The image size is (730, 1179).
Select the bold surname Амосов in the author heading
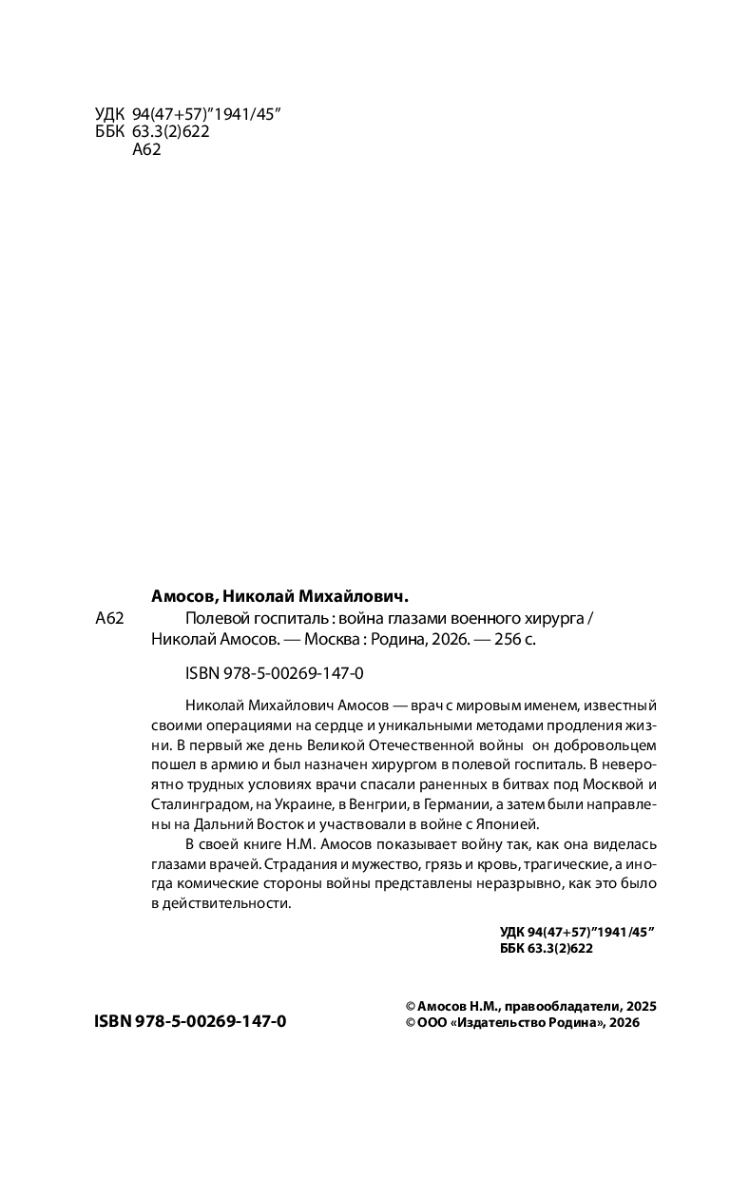point(184,597)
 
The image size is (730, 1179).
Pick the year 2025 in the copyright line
point(641,1005)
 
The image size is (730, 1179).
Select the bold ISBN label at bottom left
point(115,1021)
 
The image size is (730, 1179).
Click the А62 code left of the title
point(110,618)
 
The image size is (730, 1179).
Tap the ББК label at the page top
point(110,132)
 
